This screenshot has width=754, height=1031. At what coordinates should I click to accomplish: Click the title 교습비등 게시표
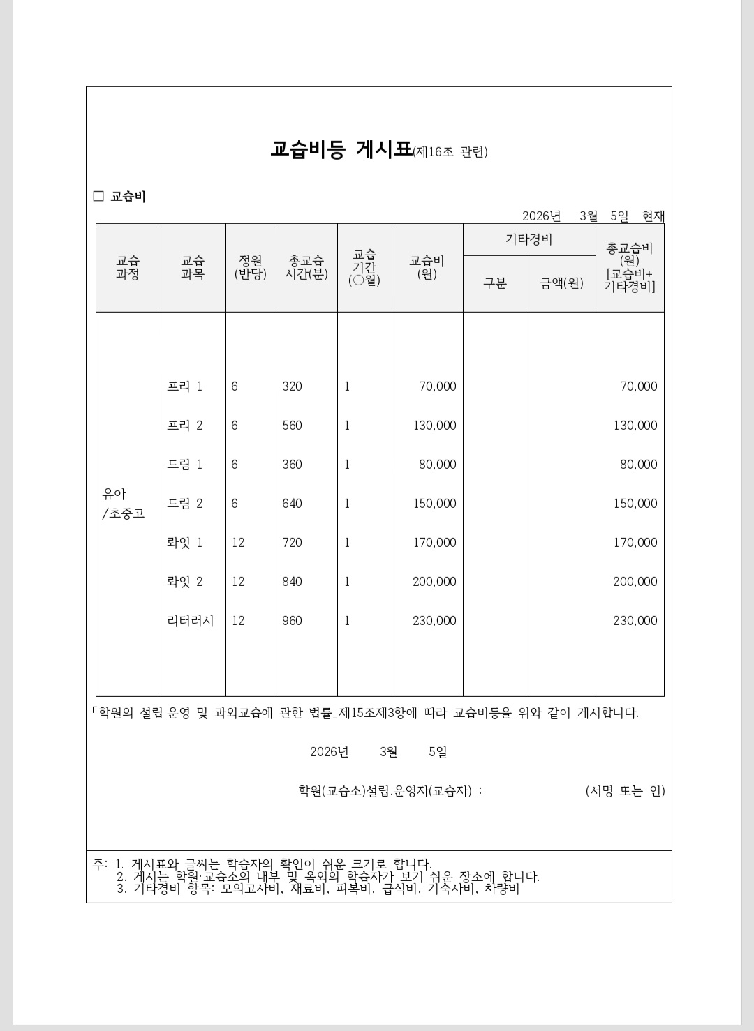click(x=341, y=150)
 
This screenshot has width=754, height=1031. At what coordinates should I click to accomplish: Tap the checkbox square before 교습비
click(x=98, y=196)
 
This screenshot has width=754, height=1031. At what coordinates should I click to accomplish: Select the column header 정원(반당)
click(x=251, y=267)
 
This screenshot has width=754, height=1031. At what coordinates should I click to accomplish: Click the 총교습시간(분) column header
click(x=306, y=267)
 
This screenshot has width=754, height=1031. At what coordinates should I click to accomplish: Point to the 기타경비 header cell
click(x=528, y=239)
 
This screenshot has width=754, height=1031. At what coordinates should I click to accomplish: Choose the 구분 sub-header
click(x=495, y=283)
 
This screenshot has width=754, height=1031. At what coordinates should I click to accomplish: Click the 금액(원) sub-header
click(x=561, y=283)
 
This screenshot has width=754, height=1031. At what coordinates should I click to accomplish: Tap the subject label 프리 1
click(x=185, y=386)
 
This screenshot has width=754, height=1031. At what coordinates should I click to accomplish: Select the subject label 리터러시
click(x=191, y=621)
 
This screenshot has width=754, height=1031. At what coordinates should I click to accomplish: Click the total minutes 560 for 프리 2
click(x=292, y=426)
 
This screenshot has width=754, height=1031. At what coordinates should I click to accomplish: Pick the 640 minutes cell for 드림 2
click(x=292, y=504)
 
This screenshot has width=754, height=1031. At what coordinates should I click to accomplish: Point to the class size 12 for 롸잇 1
click(x=238, y=543)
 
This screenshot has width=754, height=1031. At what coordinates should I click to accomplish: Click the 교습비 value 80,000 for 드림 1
click(x=437, y=465)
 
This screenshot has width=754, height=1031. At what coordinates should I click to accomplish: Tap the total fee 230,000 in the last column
click(x=635, y=621)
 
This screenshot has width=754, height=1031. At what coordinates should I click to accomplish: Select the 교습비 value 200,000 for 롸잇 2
click(x=434, y=582)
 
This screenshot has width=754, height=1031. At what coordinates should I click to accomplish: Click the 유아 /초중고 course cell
click(x=124, y=504)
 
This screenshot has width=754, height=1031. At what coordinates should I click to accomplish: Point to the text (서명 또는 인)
click(x=625, y=791)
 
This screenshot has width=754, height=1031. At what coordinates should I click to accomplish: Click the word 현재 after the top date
click(x=653, y=216)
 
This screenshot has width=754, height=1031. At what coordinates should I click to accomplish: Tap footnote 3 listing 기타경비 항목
click(x=318, y=889)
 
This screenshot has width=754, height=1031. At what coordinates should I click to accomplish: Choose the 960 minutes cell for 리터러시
click(x=292, y=621)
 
